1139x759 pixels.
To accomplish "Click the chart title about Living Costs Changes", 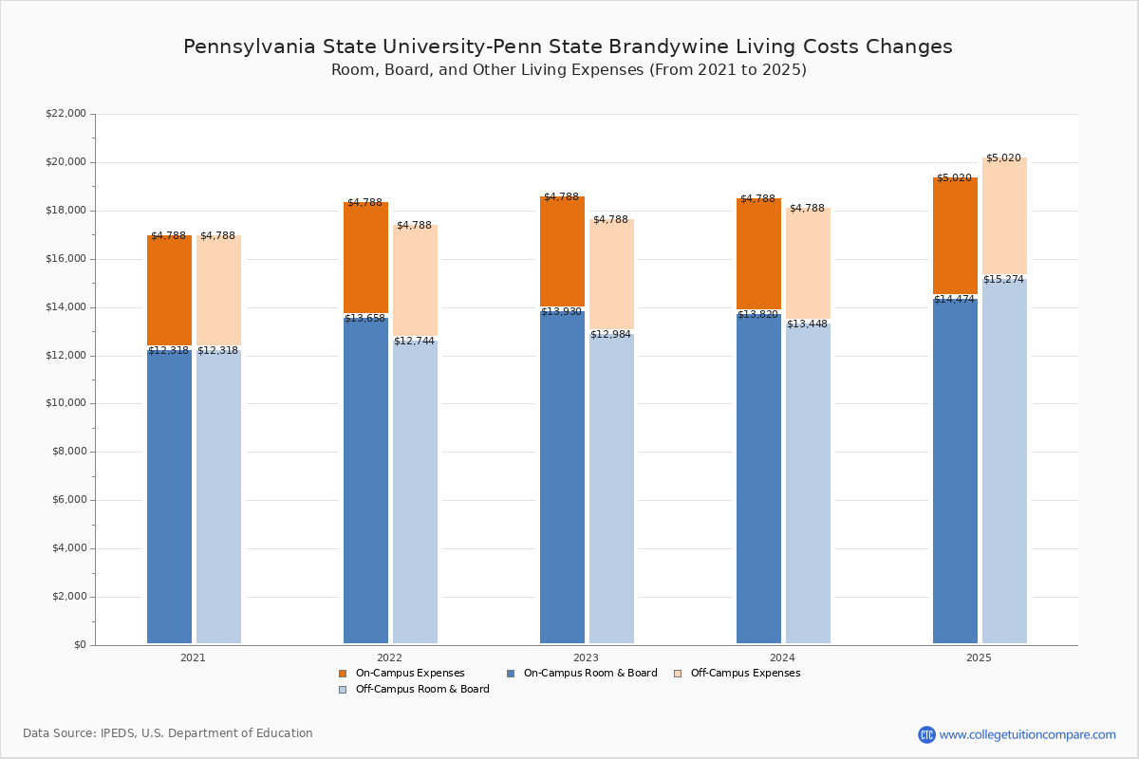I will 568,46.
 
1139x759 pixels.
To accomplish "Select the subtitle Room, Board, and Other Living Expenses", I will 569,70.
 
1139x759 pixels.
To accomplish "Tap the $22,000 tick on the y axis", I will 65,114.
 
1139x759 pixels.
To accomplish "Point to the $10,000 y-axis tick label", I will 65,403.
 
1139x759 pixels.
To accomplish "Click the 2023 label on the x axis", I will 586,657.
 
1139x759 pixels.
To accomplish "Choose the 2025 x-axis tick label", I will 979,657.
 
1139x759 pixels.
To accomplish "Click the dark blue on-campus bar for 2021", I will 169,493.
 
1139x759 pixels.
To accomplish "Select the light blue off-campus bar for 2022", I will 415,493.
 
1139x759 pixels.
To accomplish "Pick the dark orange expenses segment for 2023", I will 562,252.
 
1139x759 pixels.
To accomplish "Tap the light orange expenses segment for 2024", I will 808,266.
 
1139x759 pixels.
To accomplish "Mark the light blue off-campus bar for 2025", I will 1004,465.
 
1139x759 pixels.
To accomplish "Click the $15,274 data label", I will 1003,280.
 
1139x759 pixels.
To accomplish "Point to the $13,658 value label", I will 364,319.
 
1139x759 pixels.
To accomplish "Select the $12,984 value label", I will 610,334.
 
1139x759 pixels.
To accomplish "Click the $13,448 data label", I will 807,324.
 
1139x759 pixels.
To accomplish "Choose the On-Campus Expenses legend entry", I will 409,674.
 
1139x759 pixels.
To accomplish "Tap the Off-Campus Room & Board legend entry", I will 421,690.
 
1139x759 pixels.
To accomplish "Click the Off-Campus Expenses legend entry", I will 744,674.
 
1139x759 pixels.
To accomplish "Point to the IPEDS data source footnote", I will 168,733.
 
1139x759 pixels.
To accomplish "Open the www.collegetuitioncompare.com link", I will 1027,734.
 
